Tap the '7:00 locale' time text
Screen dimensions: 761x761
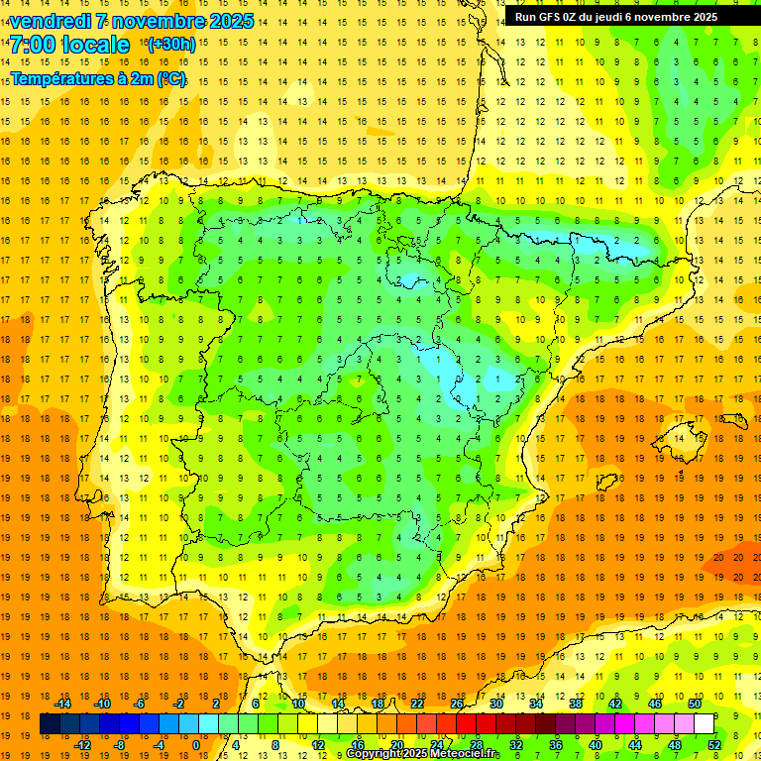69,45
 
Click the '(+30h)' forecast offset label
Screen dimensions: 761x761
170,45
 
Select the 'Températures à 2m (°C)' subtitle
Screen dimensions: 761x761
98,79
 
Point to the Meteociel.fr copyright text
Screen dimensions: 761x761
423,754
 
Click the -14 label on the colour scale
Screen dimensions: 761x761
62,704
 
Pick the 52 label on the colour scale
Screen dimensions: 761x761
714,745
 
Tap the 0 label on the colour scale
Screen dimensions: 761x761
195,745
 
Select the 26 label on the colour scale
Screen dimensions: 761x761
457,704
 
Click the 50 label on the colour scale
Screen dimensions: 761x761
695,704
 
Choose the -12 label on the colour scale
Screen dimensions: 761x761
82,745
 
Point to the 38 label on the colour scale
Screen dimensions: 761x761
576,704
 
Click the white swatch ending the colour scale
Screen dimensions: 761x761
704,724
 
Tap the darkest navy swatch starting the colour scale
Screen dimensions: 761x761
50,724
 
